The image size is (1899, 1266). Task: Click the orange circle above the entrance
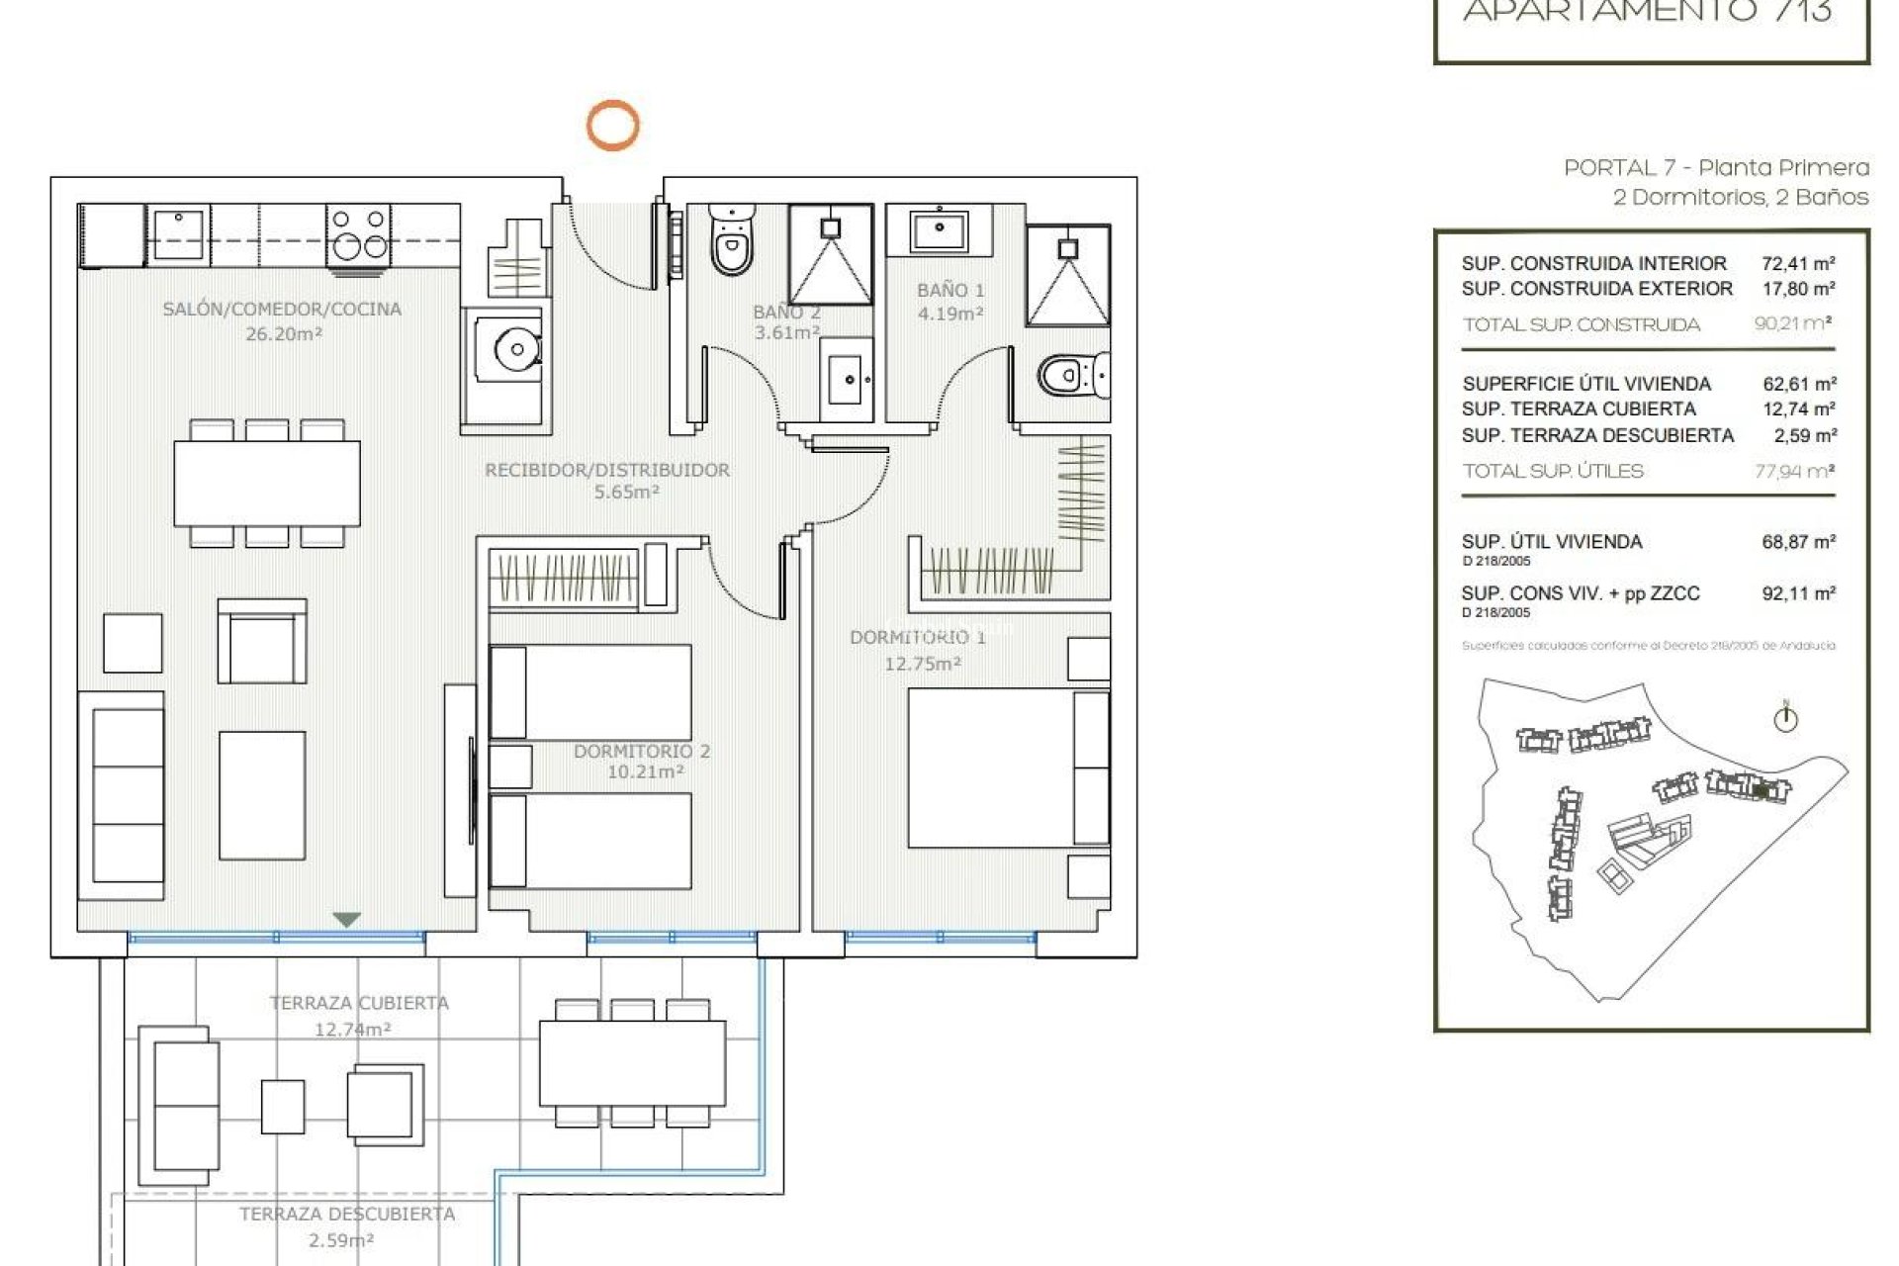[612, 126]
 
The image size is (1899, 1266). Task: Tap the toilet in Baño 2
[732, 242]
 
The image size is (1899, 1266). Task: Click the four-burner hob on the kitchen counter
[358, 233]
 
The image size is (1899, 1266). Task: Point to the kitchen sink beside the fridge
[178, 233]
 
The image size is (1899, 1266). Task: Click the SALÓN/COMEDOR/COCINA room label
[282, 309]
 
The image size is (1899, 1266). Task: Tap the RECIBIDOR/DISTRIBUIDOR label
[607, 470]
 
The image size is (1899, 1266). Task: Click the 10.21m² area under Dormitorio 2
[645, 772]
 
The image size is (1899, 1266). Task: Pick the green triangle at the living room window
[346, 920]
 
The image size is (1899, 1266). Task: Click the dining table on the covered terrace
[632, 1063]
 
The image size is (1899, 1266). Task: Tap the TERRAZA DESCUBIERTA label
[347, 1214]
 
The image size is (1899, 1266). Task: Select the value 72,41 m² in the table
[1798, 263]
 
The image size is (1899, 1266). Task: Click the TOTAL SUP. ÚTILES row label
[1553, 471]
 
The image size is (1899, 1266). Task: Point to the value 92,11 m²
[1798, 593]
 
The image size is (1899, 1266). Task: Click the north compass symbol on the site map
[1785, 718]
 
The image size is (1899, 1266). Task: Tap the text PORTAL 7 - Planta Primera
[1716, 168]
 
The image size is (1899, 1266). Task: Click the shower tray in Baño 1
[1068, 275]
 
